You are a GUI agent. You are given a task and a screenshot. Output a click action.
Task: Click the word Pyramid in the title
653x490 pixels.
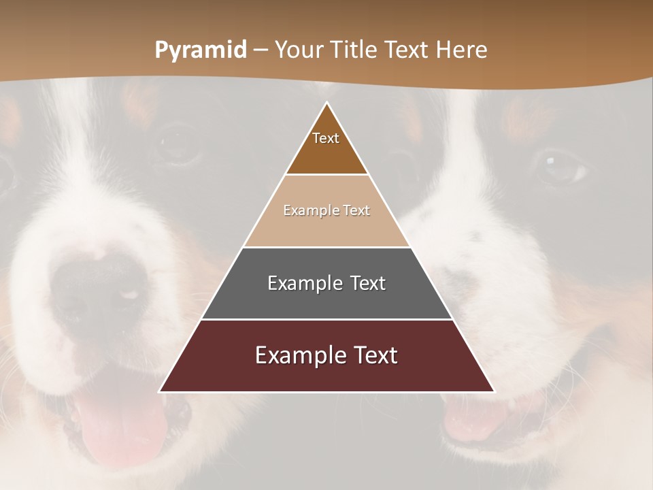(x=200, y=50)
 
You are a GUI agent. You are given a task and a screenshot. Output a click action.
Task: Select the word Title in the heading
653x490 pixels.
(x=356, y=50)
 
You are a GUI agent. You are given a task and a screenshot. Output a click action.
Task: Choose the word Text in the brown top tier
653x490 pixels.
(x=326, y=138)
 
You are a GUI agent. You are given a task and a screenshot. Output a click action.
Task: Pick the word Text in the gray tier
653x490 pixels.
(x=367, y=283)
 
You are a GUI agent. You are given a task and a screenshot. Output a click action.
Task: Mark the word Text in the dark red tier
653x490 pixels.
(x=373, y=355)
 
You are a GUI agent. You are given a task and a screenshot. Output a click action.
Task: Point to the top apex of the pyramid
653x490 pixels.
(x=326, y=103)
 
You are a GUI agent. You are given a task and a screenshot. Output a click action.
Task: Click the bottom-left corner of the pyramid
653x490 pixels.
(x=160, y=391)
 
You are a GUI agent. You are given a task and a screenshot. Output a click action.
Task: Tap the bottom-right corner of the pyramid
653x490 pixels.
(x=494, y=391)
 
